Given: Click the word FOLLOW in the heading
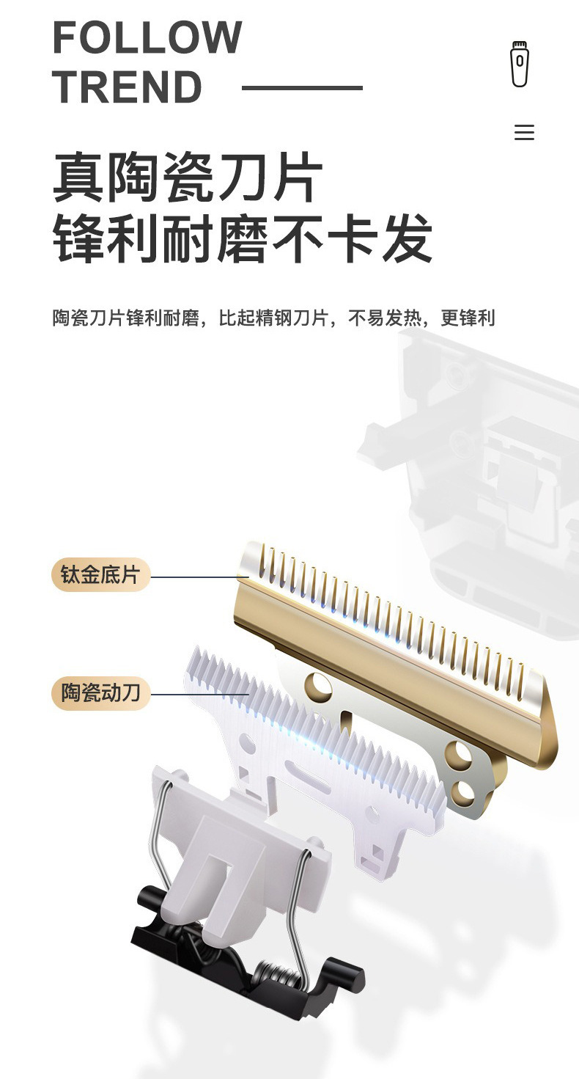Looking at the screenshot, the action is point(147,37).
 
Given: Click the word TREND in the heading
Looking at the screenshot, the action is point(127,87).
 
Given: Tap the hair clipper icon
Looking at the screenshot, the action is point(520,64).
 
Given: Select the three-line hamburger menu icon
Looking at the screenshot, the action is point(524,132).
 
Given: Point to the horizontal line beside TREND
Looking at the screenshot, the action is point(302,88).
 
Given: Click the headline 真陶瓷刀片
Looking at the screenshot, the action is point(187,178).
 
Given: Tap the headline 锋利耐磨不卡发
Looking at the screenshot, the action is point(242,238).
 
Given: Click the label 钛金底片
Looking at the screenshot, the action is point(100,574).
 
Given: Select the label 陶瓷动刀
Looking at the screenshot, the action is point(100,693).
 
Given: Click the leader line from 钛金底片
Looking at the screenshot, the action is point(200,577).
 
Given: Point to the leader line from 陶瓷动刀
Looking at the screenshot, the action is point(200,695).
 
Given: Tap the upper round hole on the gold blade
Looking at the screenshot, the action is point(318,685).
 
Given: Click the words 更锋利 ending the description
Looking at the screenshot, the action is point(468,318).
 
